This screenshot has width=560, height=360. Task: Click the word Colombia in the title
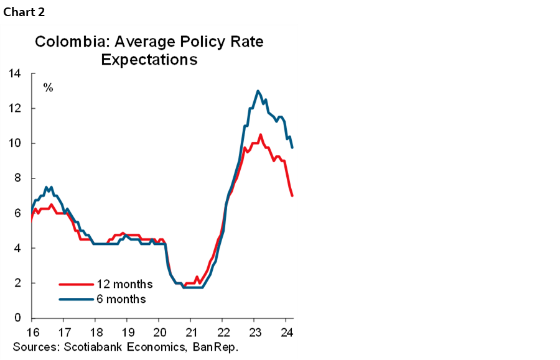click(x=65, y=42)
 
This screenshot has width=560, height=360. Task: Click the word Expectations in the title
click(x=149, y=60)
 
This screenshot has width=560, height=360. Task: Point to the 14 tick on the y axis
click(x=14, y=73)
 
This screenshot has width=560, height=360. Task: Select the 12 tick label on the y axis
click(x=14, y=108)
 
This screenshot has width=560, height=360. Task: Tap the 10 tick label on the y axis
click(x=14, y=143)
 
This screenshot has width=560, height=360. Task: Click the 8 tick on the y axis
click(x=17, y=178)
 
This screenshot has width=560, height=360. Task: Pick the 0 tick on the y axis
click(x=17, y=318)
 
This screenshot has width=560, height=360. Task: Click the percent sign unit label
click(x=48, y=88)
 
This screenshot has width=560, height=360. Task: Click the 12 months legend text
click(x=124, y=284)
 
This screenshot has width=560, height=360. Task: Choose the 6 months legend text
click(x=121, y=299)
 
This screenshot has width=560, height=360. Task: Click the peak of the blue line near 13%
click(x=258, y=91)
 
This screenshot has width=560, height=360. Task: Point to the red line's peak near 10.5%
click(x=260, y=135)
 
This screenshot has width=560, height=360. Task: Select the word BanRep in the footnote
click(x=218, y=346)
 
